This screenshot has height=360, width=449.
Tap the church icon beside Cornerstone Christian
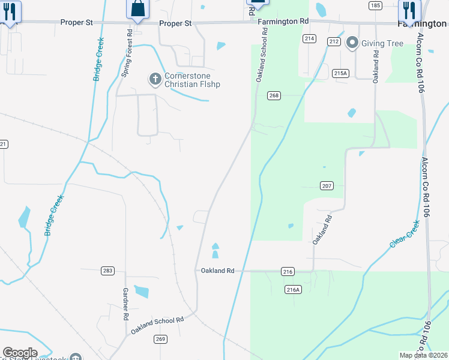(x=155, y=78)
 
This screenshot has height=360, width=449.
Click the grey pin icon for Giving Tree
(x=352, y=43)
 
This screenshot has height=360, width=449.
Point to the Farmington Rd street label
(x=283, y=22)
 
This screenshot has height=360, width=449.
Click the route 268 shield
(x=274, y=95)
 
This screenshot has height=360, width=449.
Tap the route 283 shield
(x=107, y=271)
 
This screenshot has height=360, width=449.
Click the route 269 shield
(x=178, y=339)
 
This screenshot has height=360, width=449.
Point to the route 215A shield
(x=340, y=73)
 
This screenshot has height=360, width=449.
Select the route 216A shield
(x=293, y=290)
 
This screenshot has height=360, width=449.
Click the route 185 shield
(x=376, y=5)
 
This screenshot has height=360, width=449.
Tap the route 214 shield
(x=309, y=38)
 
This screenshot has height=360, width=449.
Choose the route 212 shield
(x=334, y=41)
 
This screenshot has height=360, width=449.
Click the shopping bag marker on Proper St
(x=137, y=9)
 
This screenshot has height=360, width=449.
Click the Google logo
(x=20, y=353)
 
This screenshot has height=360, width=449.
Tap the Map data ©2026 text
(x=423, y=355)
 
